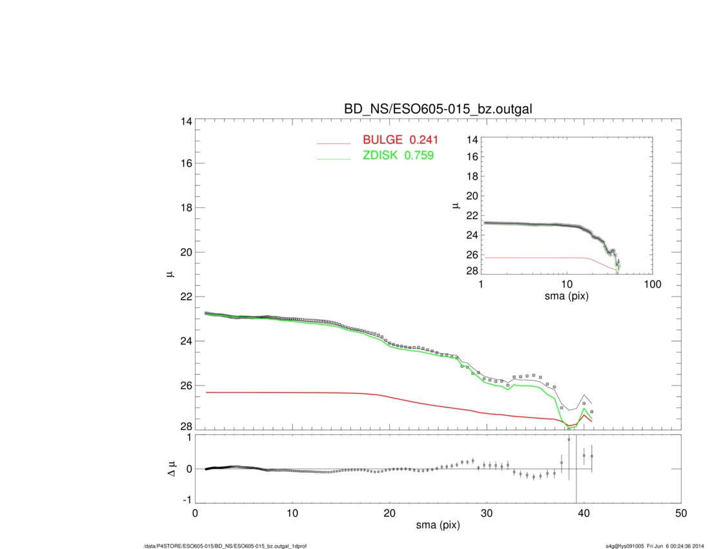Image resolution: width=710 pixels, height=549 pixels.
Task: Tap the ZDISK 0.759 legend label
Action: click(394, 155)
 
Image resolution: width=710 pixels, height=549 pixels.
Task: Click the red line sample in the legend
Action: click(333, 143)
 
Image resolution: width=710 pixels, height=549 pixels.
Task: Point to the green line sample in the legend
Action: click(333, 158)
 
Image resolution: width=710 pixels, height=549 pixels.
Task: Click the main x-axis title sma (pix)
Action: click(438, 525)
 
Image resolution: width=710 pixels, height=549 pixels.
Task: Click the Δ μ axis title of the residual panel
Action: click(170, 468)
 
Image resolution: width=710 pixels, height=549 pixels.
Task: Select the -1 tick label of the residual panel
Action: click(185, 500)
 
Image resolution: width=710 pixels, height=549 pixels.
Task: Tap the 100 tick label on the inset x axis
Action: click(652, 285)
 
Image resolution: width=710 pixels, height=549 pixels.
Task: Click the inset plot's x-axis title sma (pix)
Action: click(567, 296)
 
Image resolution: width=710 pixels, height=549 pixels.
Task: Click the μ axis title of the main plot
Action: click(170, 274)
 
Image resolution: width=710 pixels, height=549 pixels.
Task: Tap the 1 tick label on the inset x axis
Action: click(481, 285)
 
